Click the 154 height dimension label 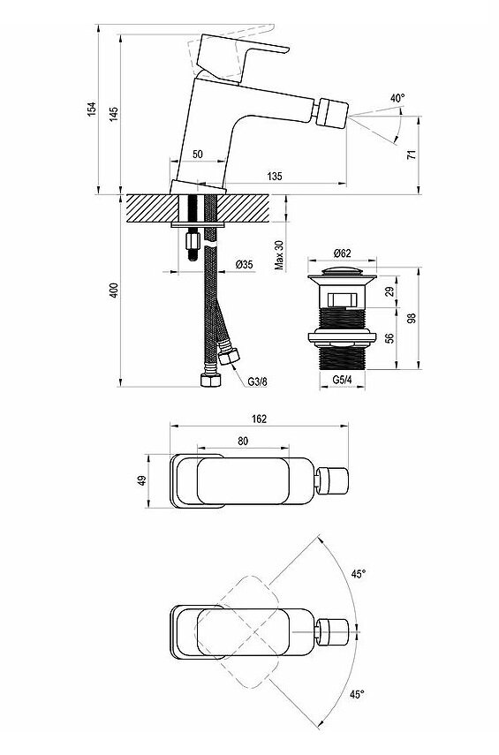(91, 109)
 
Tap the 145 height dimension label (113, 114)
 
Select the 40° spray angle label (397, 98)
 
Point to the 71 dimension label (411, 155)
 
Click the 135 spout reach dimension (275, 177)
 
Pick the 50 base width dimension (198, 154)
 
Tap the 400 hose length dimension (113, 291)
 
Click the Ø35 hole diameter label (245, 264)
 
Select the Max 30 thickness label (279, 254)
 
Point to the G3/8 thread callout (257, 381)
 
